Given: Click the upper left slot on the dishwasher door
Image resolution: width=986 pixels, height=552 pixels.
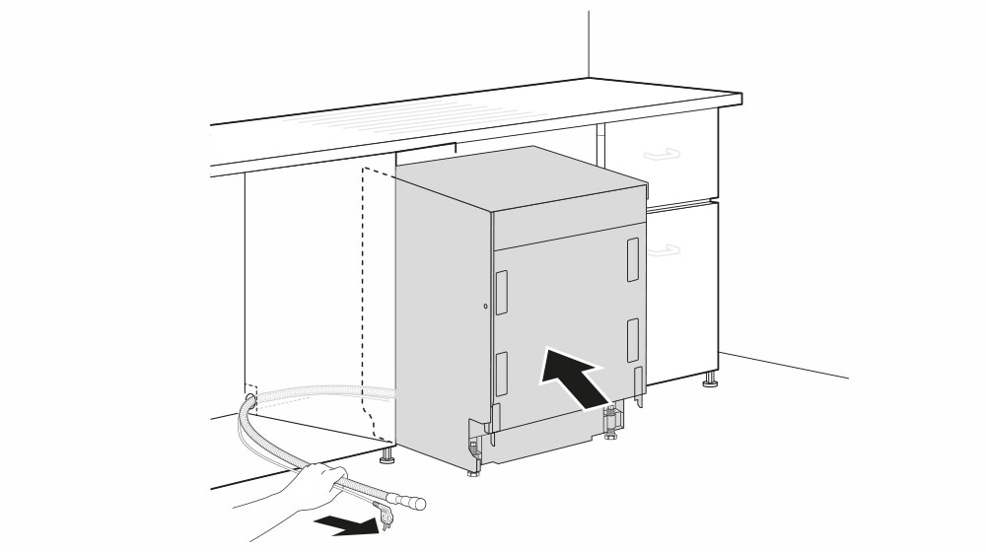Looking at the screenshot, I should click(502, 293).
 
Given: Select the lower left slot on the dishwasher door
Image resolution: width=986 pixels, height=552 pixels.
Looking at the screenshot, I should click(502, 374).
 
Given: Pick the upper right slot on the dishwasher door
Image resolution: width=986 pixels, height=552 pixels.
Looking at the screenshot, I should click(632, 258).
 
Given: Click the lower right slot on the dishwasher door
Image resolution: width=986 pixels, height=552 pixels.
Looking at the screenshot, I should click(632, 339).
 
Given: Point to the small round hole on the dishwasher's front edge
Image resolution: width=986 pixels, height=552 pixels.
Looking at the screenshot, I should click(485, 307).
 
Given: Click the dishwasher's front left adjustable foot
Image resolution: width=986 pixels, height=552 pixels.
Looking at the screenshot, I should click(474, 457).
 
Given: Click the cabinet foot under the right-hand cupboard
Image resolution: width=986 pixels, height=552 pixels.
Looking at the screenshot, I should click(709, 379).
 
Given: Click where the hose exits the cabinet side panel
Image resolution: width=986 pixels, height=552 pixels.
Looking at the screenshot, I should click(250, 399).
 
